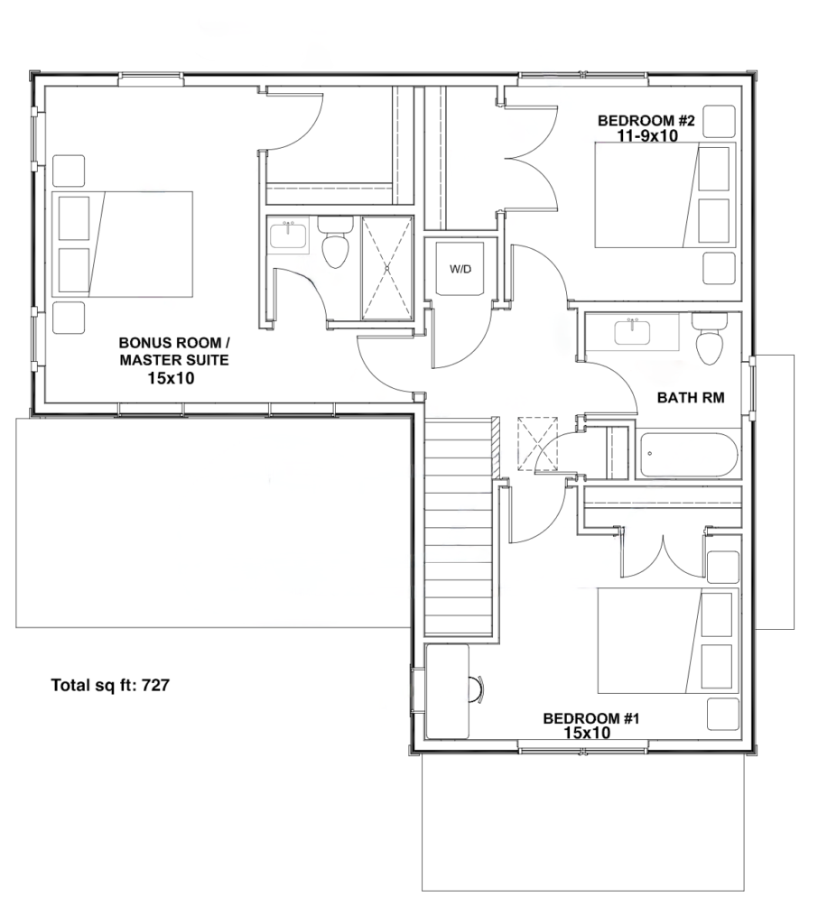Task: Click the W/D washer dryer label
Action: tap(460, 269)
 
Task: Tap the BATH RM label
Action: tap(690, 398)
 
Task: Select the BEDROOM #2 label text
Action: tap(646, 121)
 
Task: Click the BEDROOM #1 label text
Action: tap(591, 718)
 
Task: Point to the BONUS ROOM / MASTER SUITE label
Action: tap(174, 351)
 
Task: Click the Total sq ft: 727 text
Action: tap(110, 685)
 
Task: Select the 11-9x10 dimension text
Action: tap(647, 136)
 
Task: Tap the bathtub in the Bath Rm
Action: tap(689, 455)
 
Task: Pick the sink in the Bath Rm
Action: tap(632, 332)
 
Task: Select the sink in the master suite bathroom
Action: tap(288, 235)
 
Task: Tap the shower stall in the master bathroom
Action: tap(387, 268)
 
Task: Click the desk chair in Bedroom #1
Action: tap(477, 688)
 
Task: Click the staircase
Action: tap(459, 527)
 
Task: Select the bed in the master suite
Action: tap(123, 244)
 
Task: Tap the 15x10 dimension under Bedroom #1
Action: tap(587, 733)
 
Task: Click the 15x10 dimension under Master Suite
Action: tap(171, 378)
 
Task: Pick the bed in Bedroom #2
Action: tap(665, 195)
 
